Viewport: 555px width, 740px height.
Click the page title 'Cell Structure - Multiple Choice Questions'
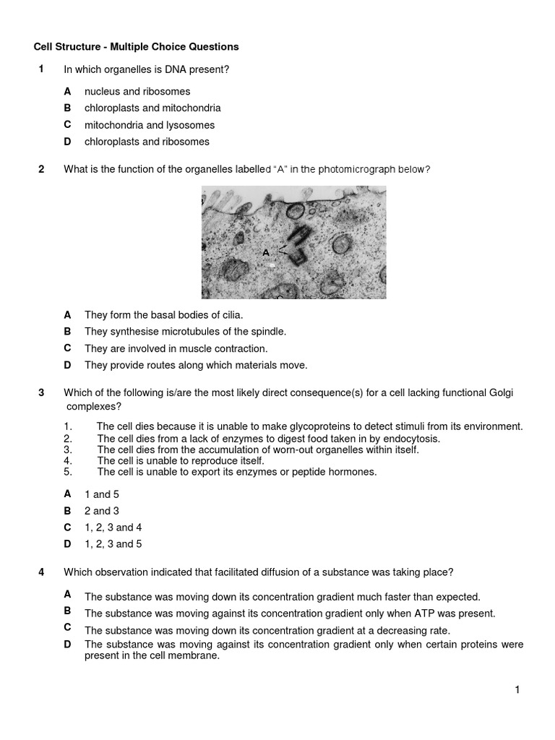tap(137, 47)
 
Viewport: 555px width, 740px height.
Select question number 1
tap(42, 69)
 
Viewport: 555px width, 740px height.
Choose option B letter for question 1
tap(67, 108)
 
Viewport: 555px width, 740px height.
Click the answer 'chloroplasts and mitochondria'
tap(152, 108)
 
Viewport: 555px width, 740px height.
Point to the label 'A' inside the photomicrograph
tap(266, 252)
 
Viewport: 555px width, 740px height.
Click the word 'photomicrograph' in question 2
tap(390, 170)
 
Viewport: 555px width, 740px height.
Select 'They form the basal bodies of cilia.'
tap(164, 315)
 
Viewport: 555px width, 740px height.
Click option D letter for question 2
tap(67, 365)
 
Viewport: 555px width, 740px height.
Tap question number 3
tap(42, 392)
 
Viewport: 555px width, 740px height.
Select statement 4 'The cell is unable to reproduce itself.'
tap(181, 460)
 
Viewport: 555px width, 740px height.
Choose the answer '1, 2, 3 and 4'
tap(113, 528)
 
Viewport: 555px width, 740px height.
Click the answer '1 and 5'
tap(102, 494)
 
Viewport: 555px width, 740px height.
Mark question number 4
tap(42, 572)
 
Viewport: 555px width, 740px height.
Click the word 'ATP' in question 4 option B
tap(420, 614)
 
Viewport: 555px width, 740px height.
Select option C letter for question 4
tap(67, 627)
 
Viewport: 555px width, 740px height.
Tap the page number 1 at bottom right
tap(517, 690)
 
